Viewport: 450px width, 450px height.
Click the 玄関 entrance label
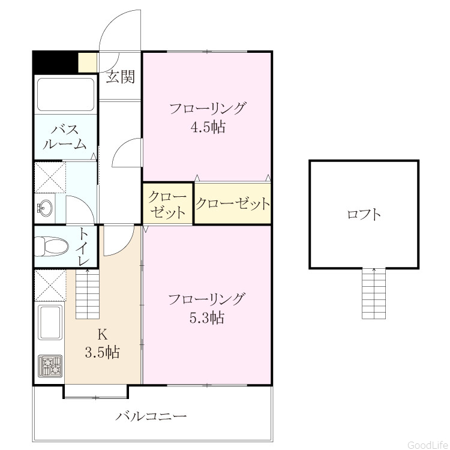121,77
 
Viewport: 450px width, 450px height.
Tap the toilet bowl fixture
52,246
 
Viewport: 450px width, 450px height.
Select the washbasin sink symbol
45,208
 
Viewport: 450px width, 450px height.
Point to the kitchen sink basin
51,322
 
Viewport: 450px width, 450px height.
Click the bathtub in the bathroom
66,94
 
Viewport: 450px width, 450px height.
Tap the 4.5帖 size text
208,127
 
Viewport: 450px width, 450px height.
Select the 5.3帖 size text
206,317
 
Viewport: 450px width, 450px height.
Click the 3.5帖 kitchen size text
102,352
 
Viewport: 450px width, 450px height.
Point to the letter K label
103,334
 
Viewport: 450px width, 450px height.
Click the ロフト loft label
364,215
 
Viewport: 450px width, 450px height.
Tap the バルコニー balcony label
151,416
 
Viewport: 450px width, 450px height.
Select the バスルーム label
65,137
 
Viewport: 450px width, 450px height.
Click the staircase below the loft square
374,293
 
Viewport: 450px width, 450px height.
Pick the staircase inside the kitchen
88,293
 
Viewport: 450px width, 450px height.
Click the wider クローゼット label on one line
233,203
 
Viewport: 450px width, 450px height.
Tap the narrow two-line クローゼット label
167,205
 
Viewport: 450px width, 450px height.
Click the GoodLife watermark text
428,445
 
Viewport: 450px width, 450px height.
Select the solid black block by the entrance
55,62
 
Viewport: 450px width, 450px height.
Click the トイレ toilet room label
84,246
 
